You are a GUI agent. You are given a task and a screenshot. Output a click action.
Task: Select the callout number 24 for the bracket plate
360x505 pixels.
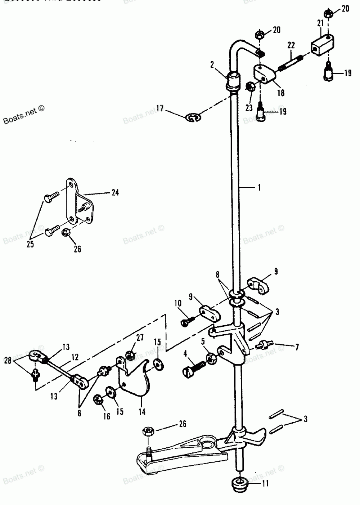(114, 192)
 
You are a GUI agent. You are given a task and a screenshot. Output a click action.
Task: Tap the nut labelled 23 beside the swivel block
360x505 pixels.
(249, 87)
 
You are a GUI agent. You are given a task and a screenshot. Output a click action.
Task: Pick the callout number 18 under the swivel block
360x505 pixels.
(280, 93)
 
